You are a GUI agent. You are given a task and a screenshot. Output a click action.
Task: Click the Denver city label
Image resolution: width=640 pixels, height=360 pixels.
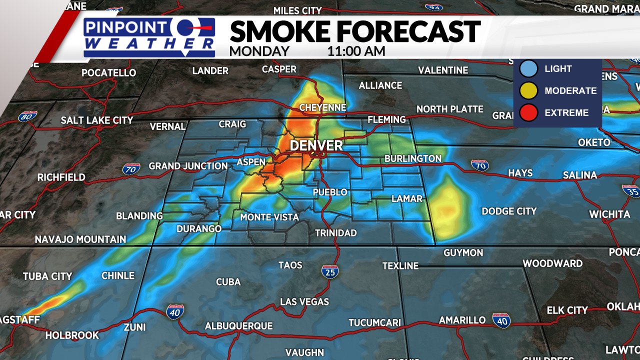click(316, 145)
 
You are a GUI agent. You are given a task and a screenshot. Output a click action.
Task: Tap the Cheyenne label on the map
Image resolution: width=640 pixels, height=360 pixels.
click(322, 107)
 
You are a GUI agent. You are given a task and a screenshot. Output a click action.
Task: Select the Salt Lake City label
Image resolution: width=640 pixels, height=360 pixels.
click(97, 120)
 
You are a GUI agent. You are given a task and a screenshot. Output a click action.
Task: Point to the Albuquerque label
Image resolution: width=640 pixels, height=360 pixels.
click(239, 326)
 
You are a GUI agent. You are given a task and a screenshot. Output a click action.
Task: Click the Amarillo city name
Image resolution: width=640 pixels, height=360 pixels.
click(462, 320)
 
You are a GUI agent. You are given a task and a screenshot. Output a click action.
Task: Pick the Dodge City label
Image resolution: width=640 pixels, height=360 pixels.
click(509, 211)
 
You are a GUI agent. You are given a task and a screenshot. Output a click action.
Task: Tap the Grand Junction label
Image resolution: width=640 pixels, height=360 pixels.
click(188, 166)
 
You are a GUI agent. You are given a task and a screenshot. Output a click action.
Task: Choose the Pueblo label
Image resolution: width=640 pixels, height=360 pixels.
click(329, 192)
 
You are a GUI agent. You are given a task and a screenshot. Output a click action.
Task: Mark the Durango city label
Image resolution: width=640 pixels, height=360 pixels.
click(199, 229)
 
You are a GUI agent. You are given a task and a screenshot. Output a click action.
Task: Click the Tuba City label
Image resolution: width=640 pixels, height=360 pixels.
click(47, 276)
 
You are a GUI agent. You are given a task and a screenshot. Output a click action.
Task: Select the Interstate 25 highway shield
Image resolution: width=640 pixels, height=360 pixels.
click(330, 271)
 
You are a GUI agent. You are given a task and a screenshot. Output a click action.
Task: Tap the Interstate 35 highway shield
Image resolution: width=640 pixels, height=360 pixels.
click(631, 191)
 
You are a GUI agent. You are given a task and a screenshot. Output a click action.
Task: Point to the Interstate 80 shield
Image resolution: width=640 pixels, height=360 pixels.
click(27, 116)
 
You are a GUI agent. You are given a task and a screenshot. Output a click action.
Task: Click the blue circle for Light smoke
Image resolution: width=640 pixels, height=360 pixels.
click(528, 69)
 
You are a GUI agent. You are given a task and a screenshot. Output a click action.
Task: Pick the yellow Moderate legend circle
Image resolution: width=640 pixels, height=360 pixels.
click(528, 90)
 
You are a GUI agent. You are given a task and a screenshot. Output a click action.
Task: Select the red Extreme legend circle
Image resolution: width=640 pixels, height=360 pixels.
click(528, 112)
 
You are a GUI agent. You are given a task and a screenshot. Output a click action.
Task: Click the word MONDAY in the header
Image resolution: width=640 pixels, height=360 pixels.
click(259, 51)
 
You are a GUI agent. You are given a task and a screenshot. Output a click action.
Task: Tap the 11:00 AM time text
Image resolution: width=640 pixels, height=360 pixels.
click(356, 51)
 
